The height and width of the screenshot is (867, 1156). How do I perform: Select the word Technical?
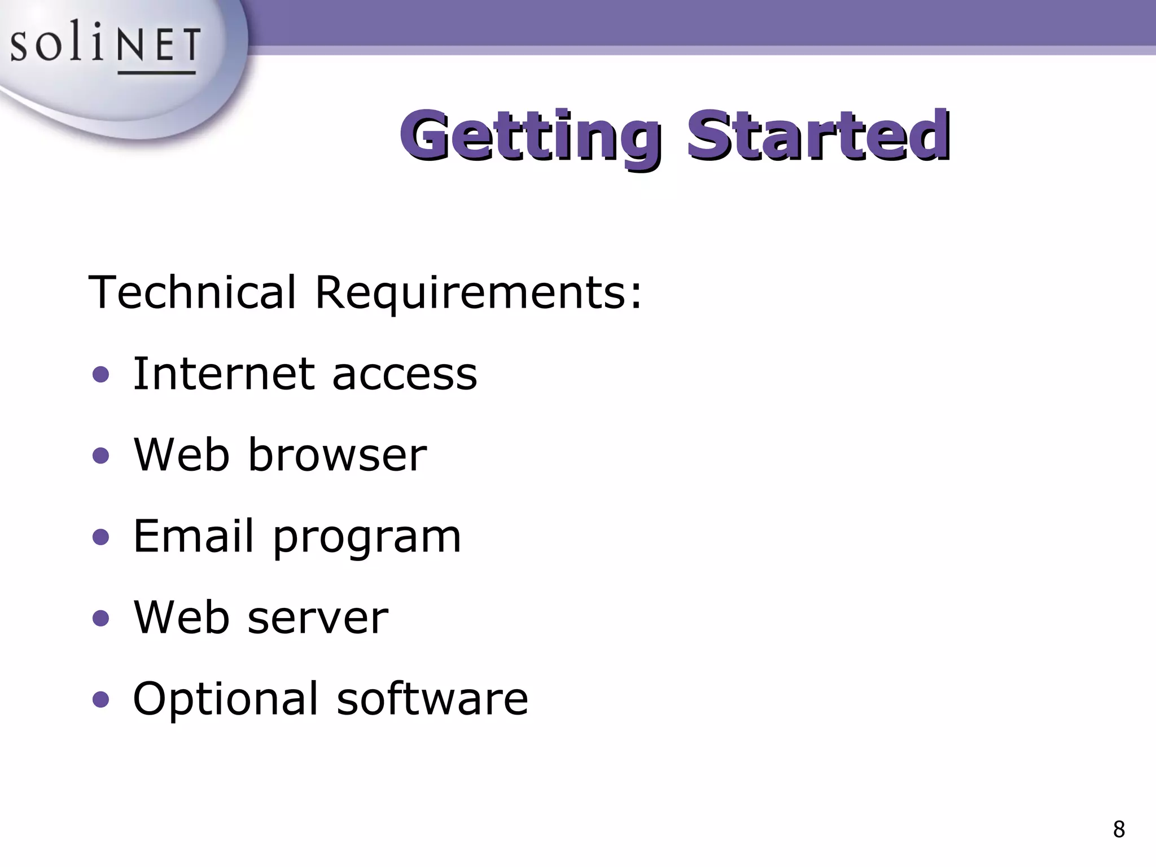click(x=192, y=292)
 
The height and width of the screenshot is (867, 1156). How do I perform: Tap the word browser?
click(x=337, y=455)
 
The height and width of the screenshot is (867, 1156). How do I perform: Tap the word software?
click(x=432, y=699)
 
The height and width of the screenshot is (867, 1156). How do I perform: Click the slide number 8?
click(x=1119, y=830)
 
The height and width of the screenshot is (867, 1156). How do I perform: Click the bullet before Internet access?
click(x=100, y=374)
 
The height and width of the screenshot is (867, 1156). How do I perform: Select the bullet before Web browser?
click(x=100, y=456)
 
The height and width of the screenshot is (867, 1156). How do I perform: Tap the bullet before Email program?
click(x=100, y=537)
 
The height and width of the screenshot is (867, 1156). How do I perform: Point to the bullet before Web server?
click(x=100, y=618)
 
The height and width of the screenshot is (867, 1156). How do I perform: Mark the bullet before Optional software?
click(x=100, y=699)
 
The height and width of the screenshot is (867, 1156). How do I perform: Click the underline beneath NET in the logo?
click(x=156, y=73)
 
